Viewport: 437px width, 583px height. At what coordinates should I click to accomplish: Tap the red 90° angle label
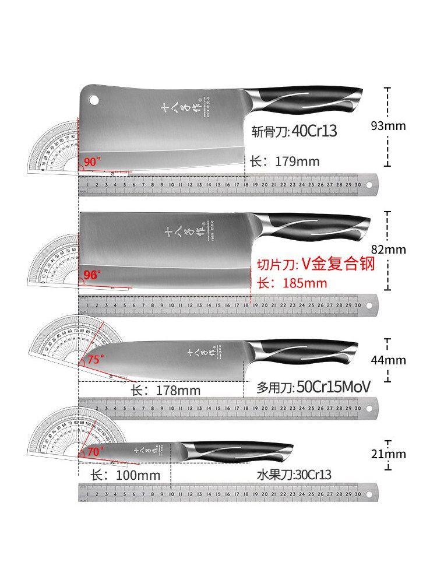[92, 162]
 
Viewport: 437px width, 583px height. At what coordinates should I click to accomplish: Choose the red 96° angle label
[92, 273]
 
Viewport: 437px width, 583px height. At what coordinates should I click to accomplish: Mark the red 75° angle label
[94, 359]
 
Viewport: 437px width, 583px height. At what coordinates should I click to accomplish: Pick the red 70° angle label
[95, 451]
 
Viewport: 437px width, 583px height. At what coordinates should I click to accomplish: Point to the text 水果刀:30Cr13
[294, 475]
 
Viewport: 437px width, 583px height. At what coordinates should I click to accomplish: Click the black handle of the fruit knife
[251, 449]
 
